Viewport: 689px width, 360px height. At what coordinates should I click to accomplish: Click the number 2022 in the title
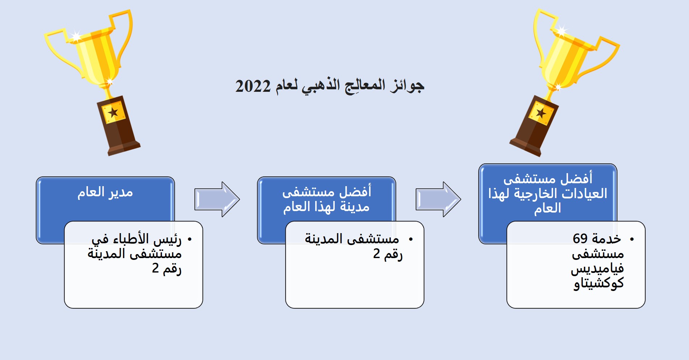253,86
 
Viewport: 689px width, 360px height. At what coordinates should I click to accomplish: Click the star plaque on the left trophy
114,112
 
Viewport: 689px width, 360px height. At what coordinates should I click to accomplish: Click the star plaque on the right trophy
541,113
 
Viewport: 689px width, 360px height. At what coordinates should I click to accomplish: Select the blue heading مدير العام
105,192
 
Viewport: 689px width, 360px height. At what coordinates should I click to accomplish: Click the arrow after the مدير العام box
217,199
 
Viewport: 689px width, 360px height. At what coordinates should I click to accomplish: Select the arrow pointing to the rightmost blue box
438,199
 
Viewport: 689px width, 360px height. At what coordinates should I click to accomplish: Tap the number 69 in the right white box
580,239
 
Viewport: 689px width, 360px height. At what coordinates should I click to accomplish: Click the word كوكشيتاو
599,283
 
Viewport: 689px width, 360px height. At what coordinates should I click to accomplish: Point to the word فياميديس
597,269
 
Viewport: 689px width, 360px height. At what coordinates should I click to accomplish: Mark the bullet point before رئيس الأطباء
189,239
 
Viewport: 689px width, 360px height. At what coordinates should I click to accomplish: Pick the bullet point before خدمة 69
632,239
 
